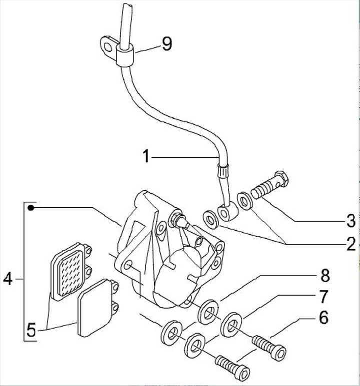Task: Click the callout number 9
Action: coord(166,44)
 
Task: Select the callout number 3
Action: coord(351,220)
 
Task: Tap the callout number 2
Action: coord(351,244)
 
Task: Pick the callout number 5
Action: coord(31,330)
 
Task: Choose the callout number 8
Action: coord(325,275)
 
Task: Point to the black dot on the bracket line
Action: coord(31,207)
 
